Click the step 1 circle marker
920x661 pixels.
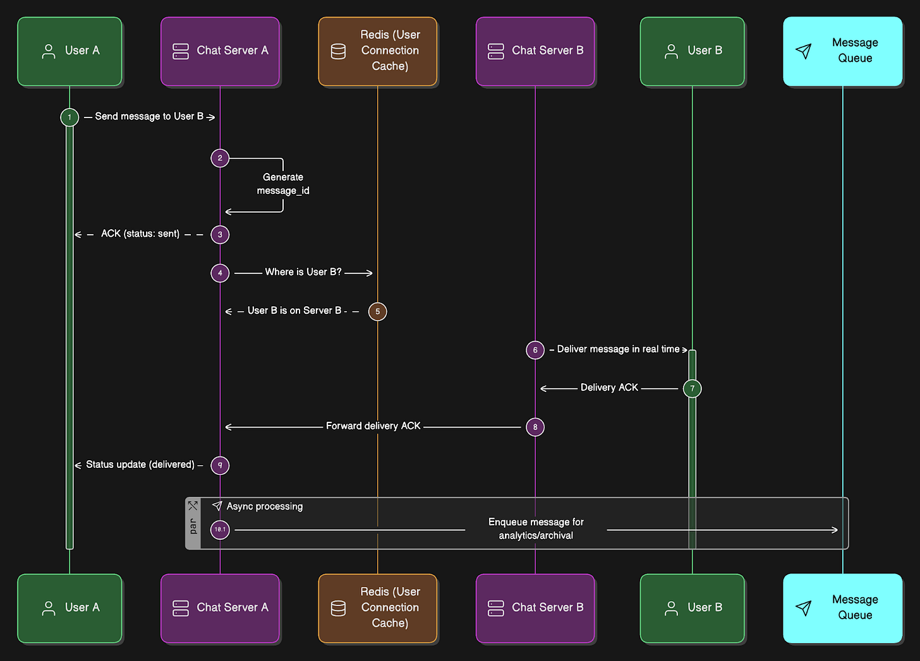coord(70,117)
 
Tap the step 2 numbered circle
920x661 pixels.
coord(220,158)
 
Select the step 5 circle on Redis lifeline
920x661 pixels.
coord(377,311)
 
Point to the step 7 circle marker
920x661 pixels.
coord(692,388)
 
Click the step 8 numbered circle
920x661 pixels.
coord(535,427)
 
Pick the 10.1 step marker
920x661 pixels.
coord(220,530)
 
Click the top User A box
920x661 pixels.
coord(70,51)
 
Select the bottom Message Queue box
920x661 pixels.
coord(842,608)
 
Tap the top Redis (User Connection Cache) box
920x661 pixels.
coord(377,51)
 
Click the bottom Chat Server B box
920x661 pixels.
coord(535,608)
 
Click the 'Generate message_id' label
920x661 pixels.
coord(283,184)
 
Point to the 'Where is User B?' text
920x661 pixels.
coord(303,272)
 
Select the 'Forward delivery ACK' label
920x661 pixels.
coord(373,426)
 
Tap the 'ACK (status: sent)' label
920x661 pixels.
coord(140,234)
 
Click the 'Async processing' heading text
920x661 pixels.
coord(264,506)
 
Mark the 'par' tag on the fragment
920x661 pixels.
coord(193,526)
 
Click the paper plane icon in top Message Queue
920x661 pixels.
coord(803,51)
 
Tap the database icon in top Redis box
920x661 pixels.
coord(339,51)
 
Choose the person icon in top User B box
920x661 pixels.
coord(671,51)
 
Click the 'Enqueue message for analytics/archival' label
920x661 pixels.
coord(536,529)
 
